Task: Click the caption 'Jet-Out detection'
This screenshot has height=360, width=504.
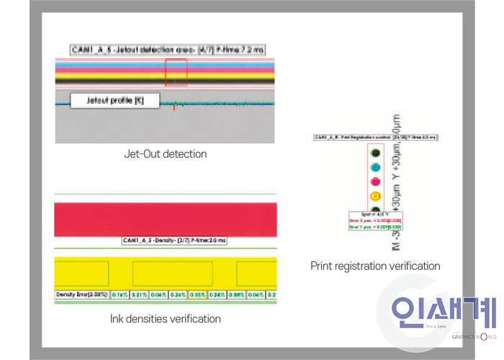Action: pos(165,153)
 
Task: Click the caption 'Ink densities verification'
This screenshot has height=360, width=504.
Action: pos(165,318)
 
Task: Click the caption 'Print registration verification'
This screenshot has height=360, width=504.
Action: pos(375,266)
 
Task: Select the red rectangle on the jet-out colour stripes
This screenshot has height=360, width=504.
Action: pos(176,73)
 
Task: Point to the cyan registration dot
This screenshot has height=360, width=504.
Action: pos(374,167)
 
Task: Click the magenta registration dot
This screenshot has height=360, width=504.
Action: pos(374,181)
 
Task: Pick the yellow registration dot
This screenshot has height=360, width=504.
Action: pos(374,196)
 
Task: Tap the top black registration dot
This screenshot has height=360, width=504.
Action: pos(374,153)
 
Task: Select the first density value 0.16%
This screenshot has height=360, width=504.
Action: pos(120,294)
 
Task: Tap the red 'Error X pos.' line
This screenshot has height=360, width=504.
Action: pos(374,220)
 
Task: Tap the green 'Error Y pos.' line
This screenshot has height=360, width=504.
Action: pos(374,227)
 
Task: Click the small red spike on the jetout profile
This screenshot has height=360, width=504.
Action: pos(174,107)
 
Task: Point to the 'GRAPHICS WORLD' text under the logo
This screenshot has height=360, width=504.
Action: pos(474,336)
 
